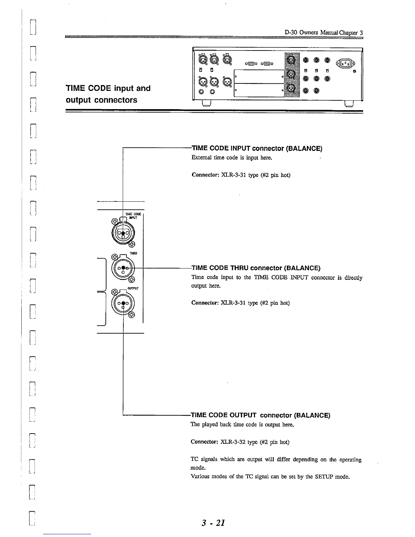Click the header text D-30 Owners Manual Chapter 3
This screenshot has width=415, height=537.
(x=324, y=33)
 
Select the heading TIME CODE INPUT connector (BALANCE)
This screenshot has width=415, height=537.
(x=257, y=148)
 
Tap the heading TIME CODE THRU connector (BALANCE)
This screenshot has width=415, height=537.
(x=256, y=268)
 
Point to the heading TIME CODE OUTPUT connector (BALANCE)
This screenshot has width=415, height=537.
(x=261, y=415)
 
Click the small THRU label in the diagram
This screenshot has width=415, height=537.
(x=133, y=253)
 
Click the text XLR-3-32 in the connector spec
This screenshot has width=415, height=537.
(x=233, y=442)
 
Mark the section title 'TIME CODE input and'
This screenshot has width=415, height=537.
(x=108, y=88)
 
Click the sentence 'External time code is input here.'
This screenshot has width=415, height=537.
(x=232, y=158)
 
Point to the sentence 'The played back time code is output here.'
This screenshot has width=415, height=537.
(x=242, y=424)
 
